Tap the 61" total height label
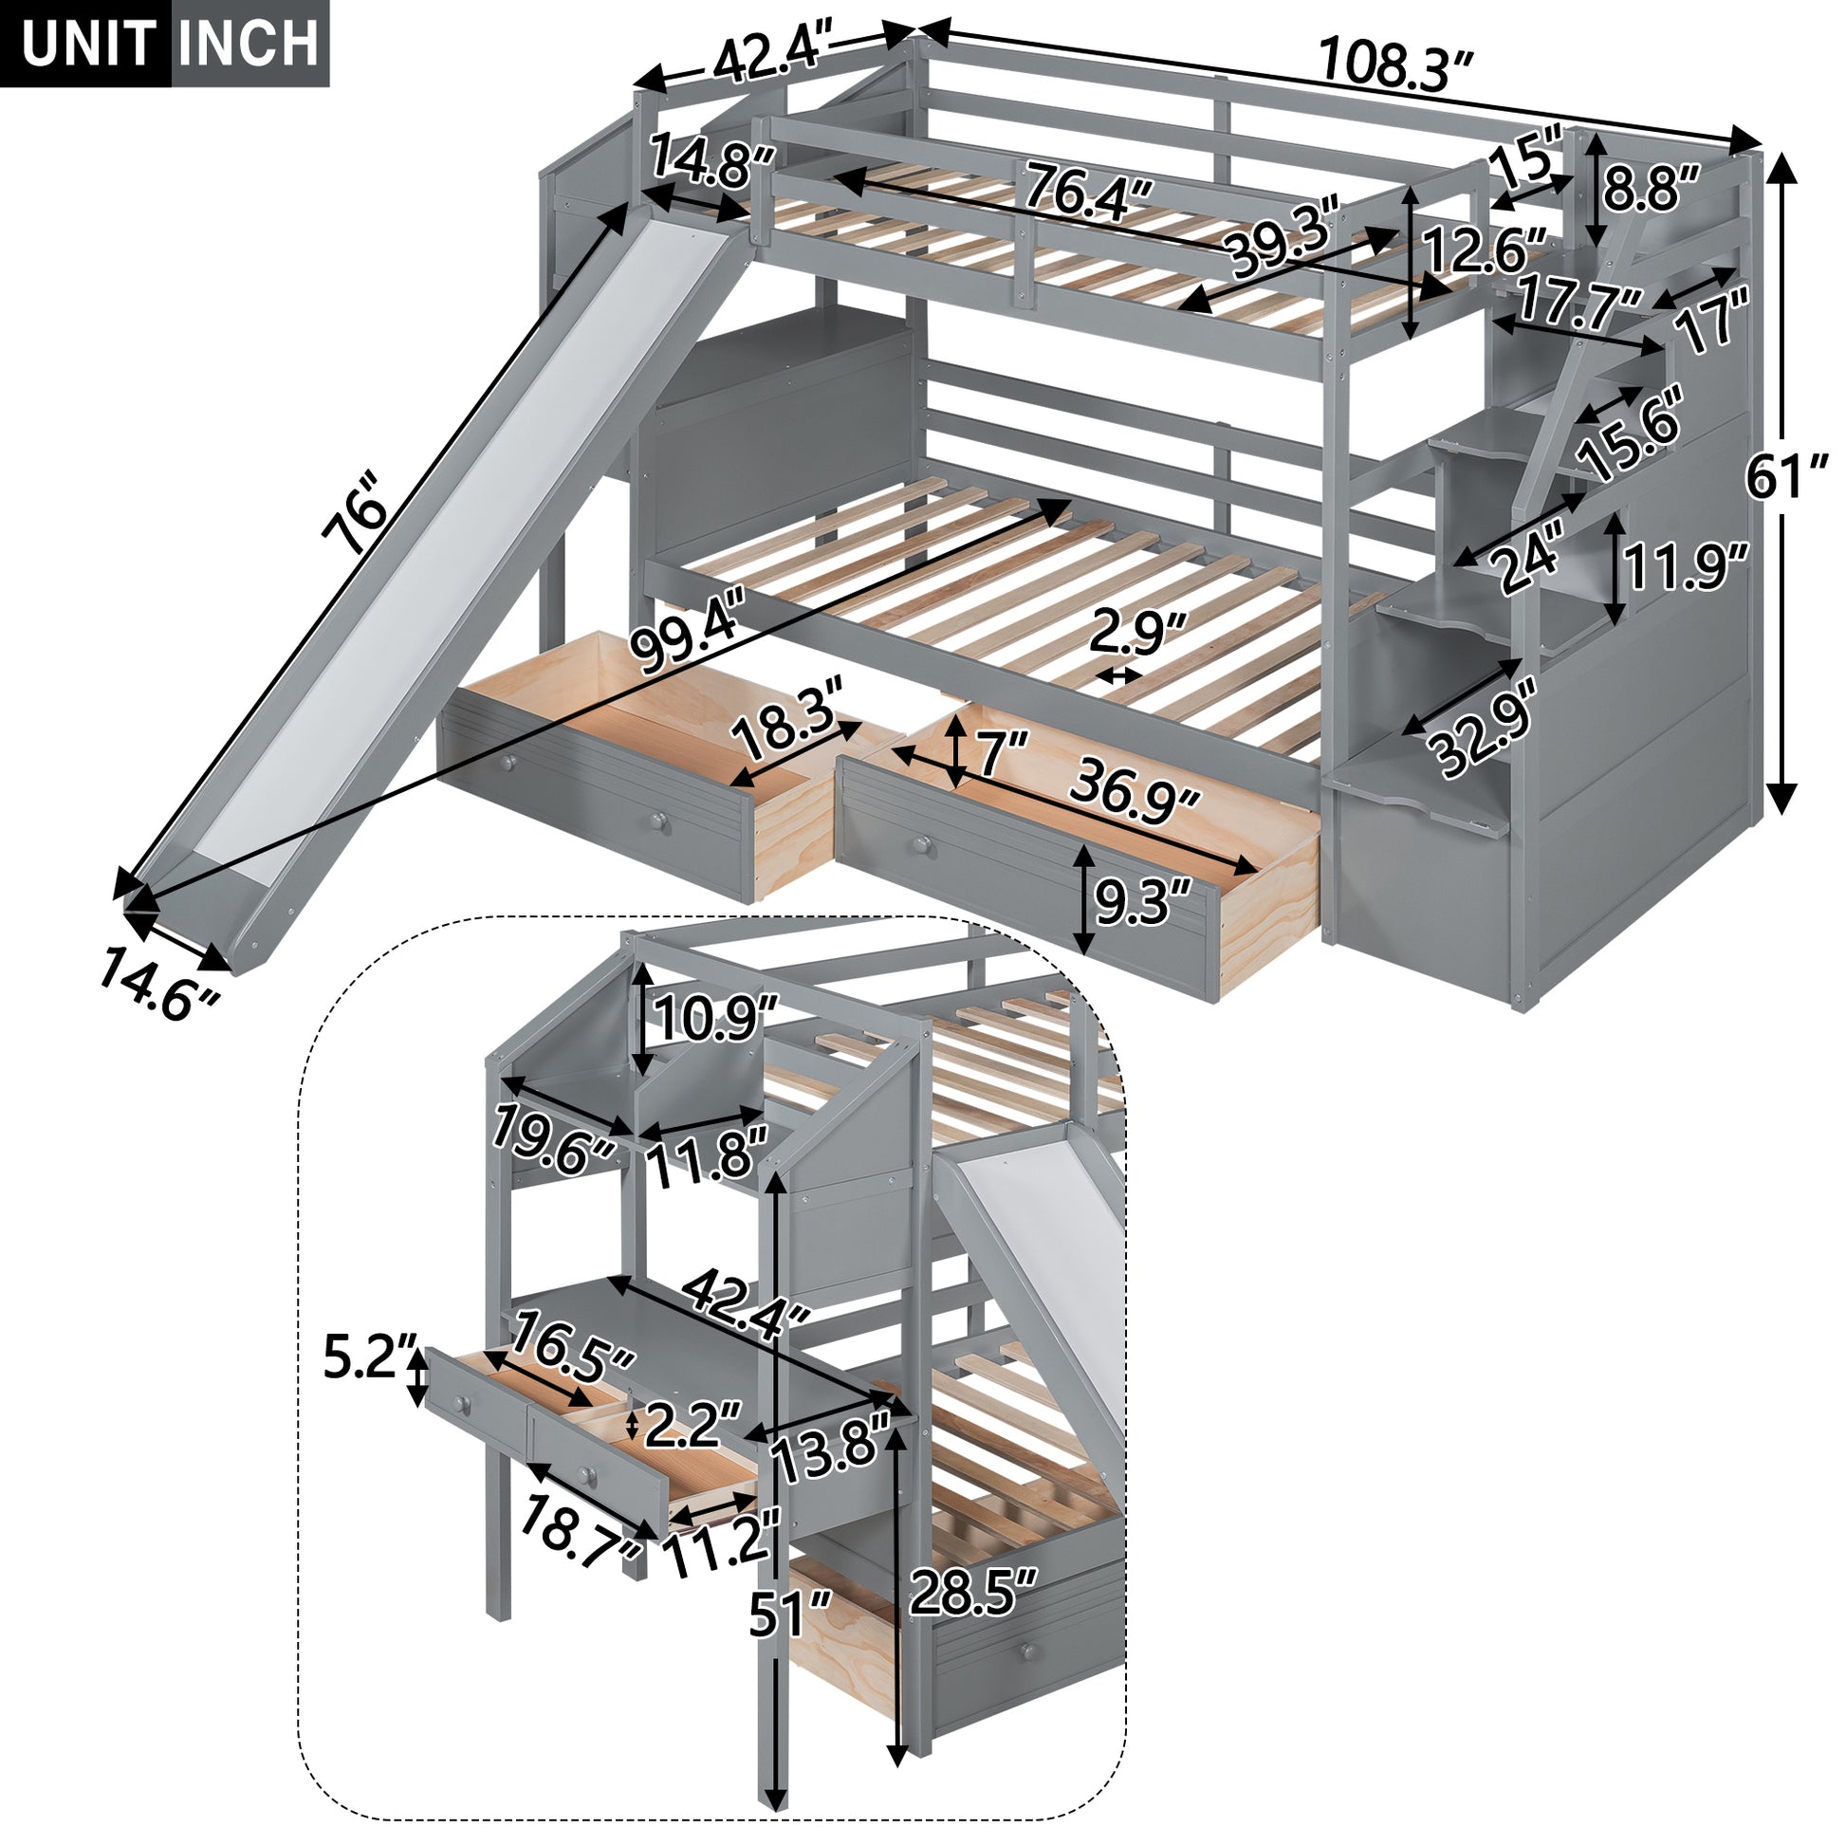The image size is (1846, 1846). tap(1786, 478)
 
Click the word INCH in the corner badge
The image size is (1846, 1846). tap(249, 43)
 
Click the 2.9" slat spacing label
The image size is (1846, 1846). tap(1137, 632)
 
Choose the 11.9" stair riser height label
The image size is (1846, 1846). tap(1687, 568)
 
